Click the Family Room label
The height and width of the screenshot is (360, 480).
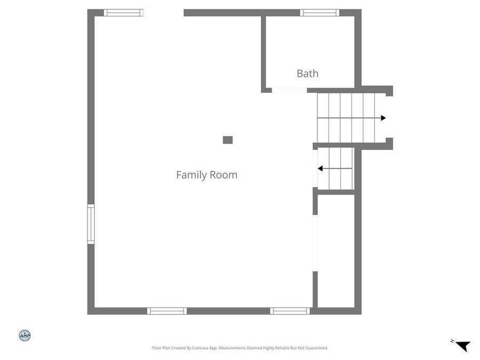(206, 175)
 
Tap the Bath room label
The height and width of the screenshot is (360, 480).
(308, 74)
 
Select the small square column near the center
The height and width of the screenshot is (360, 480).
(228, 140)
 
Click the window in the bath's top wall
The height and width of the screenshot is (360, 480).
(319, 13)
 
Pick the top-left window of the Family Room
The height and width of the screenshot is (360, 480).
(123, 13)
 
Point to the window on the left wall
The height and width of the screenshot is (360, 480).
(91, 224)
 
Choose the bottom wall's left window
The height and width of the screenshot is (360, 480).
(167, 311)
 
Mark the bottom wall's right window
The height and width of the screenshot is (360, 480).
(290, 311)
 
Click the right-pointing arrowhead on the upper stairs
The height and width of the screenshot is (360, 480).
(383, 118)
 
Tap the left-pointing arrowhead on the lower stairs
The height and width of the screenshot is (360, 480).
(321, 169)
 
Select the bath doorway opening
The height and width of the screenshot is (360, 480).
(289, 90)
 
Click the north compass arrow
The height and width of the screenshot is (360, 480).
(463, 346)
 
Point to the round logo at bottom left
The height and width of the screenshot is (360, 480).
(25, 335)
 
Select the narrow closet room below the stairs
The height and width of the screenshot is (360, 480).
(336, 251)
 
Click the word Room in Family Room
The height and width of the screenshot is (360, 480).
(223, 175)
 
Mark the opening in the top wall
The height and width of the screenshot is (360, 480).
(163, 13)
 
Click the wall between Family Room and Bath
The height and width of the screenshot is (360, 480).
(263, 53)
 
